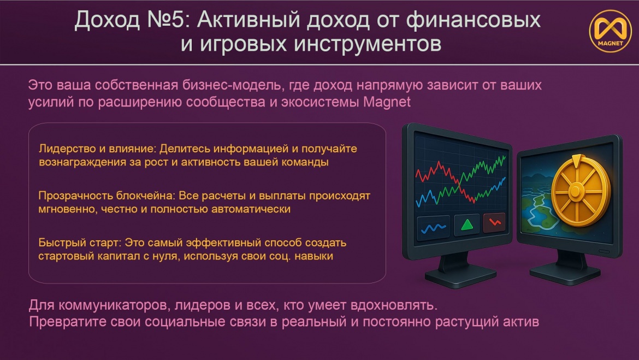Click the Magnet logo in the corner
[x=610, y=31]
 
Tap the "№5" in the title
[x=166, y=20]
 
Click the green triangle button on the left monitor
[x=466, y=225]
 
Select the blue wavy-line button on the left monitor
[x=433, y=227]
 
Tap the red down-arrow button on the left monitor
[x=495, y=222]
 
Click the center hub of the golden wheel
[x=576, y=191]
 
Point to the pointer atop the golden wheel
[x=576, y=160]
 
